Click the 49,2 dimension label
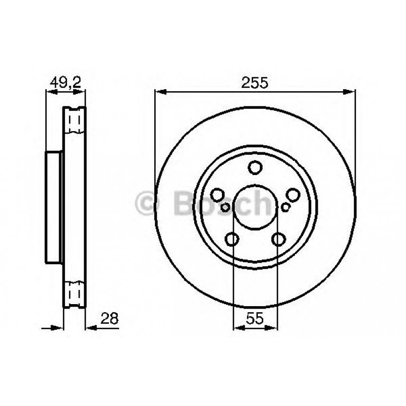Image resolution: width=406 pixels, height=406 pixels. tap(65, 82)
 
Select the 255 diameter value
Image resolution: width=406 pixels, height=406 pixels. tap(255, 82)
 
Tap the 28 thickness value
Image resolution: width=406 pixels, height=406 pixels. tap(109, 319)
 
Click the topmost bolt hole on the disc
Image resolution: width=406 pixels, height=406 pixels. tap(255, 166)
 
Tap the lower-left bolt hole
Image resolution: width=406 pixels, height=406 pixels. tap(232, 239)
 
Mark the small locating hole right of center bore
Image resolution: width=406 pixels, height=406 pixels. tap(285, 206)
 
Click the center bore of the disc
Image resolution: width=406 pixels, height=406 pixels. tap(255, 207)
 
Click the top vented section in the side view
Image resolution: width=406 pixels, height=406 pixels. tap(75, 121)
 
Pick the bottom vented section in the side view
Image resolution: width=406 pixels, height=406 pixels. tap(75, 292)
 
